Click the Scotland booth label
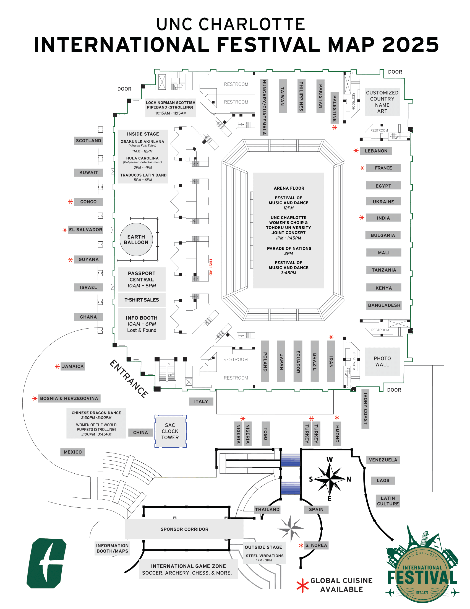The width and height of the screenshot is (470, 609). click(88, 141)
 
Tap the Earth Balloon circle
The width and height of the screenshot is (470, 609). click(136, 239)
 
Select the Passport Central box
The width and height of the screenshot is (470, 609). click(142, 279)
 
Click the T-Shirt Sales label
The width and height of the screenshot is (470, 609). click(142, 300)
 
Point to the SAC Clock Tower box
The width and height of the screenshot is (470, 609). click(170, 431)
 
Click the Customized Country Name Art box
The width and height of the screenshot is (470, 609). click(382, 102)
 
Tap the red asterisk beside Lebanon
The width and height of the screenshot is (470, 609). click(356, 151)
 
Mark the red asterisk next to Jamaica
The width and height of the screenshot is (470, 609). click(57, 367)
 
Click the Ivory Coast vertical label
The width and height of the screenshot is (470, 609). click(365, 409)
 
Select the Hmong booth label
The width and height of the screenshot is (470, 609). click(337, 433)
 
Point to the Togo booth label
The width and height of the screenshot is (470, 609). click(266, 433)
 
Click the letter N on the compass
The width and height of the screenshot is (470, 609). click(349, 479)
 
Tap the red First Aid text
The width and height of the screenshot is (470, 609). click(211, 267)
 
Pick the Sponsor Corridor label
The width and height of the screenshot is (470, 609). click(184, 529)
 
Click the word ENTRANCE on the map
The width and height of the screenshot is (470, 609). click(129, 379)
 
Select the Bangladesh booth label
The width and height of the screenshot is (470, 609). click(384, 305)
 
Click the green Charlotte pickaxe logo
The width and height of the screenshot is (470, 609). click(46, 563)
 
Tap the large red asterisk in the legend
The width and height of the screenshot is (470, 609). click(302, 585)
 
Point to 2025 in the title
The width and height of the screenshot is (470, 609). click(410, 45)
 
